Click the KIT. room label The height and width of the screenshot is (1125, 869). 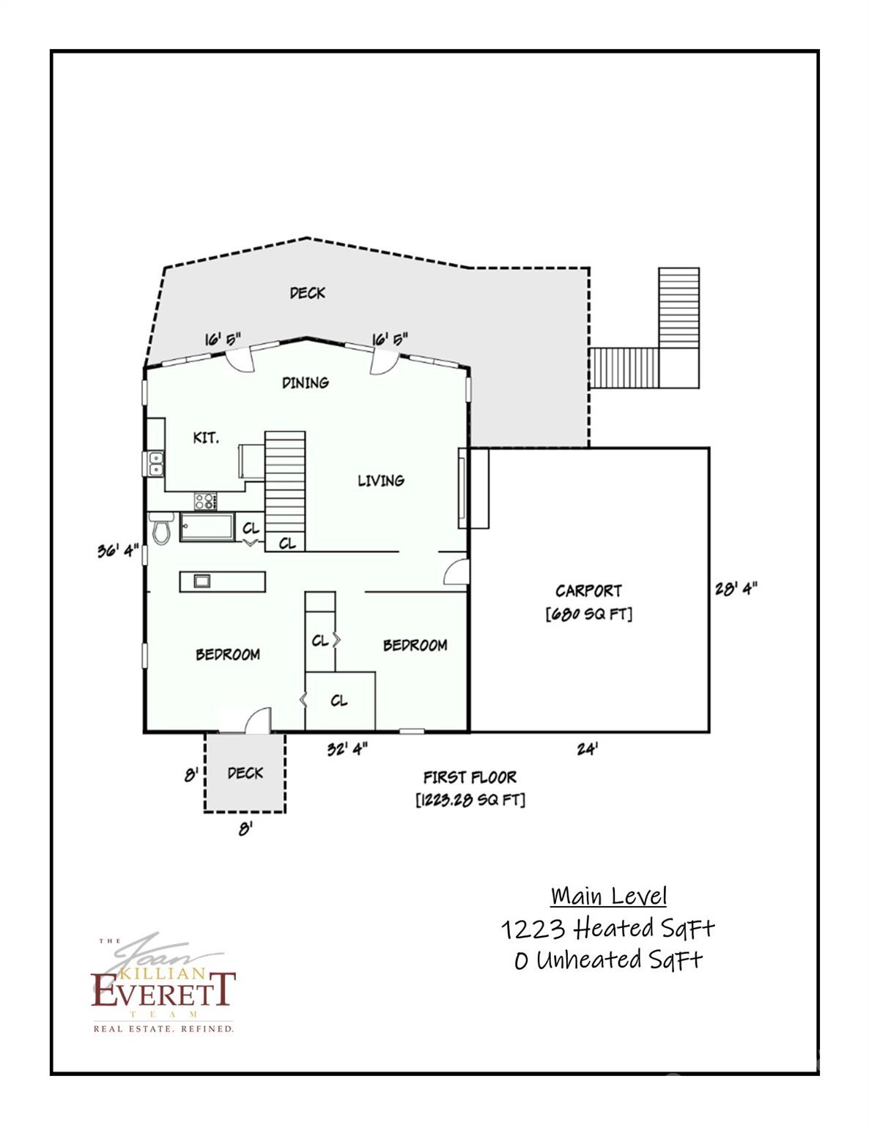(205, 438)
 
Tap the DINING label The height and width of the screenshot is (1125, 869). (306, 382)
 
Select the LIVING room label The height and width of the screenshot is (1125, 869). (380, 480)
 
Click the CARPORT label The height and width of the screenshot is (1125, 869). (588, 590)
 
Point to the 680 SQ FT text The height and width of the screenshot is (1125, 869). (588, 614)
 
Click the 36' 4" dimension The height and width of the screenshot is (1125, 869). (118, 550)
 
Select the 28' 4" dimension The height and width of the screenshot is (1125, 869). (736, 588)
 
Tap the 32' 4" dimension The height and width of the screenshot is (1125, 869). (347, 749)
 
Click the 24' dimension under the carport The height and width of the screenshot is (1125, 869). (588, 749)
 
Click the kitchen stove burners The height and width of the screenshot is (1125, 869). (206, 502)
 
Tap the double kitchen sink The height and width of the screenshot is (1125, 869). (155, 464)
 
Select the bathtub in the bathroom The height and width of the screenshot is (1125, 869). (207, 527)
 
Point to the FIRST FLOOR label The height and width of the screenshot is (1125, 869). (470, 777)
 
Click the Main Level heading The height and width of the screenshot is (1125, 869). (609, 896)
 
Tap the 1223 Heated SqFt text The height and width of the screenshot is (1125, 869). (608, 929)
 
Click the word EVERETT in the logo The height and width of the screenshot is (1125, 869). (163, 990)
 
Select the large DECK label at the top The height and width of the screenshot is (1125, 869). (307, 293)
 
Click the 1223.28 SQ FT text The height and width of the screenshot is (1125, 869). (470, 800)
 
